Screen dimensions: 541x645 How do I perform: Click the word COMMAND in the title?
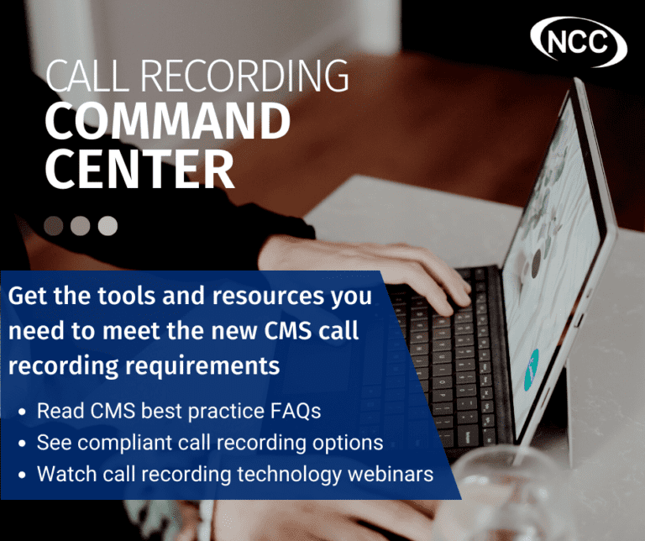pyautogui.click(x=167, y=122)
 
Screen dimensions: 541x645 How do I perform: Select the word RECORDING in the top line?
pyautogui.click(x=243, y=77)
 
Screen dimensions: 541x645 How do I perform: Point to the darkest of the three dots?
pyautogui.click(x=54, y=225)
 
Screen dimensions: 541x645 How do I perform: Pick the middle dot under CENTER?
pyautogui.click(x=81, y=225)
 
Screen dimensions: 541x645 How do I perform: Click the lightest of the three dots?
pyautogui.click(x=107, y=225)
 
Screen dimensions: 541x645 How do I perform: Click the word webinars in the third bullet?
pyautogui.click(x=390, y=474)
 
